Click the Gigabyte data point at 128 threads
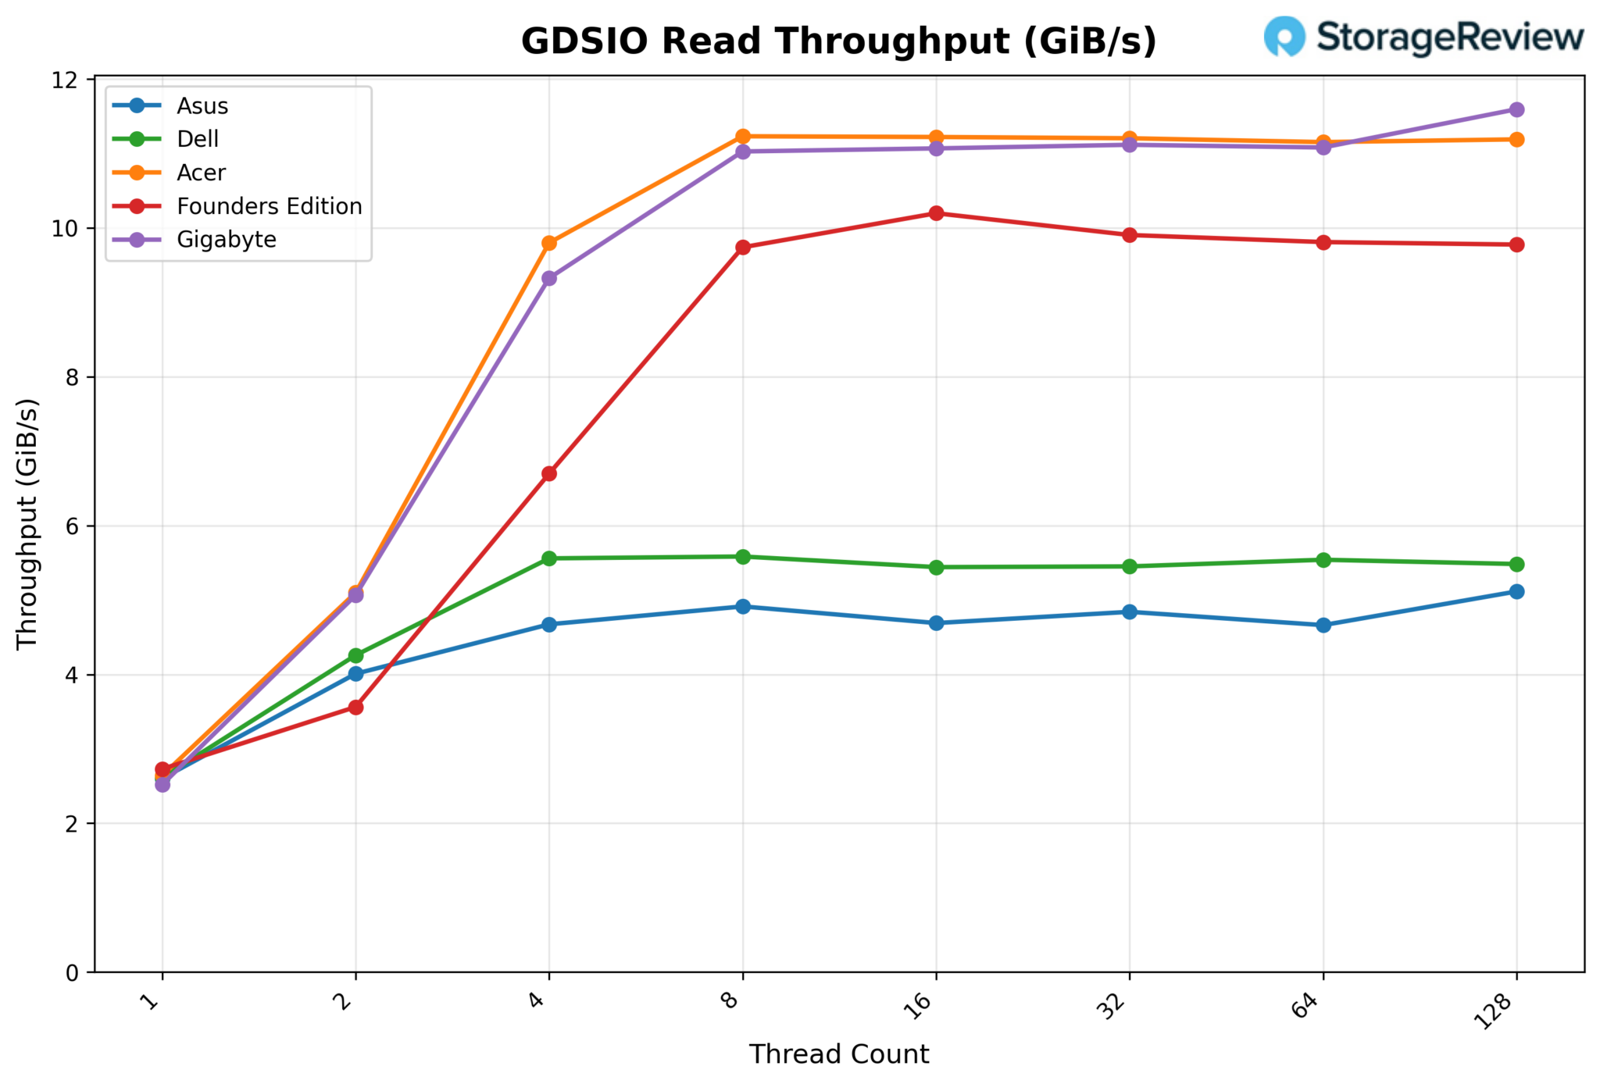click(x=1516, y=109)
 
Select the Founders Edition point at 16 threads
click(x=936, y=213)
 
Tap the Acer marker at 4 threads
click(x=549, y=243)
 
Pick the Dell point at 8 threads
click(x=743, y=557)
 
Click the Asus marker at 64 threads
click(x=1323, y=625)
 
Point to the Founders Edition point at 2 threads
click(x=355, y=708)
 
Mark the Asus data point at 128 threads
click(x=1516, y=592)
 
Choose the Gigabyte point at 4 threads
click(x=549, y=278)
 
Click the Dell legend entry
click(x=198, y=139)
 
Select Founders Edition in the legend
click(x=269, y=206)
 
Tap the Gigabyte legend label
click(x=227, y=240)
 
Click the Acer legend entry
click(x=201, y=173)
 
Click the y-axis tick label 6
click(x=78, y=526)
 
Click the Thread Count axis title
click(x=839, y=1054)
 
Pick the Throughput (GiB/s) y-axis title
click(x=27, y=524)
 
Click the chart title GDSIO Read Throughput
click(x=838, y=41)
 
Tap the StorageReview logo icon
click(x=1284, y=37)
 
